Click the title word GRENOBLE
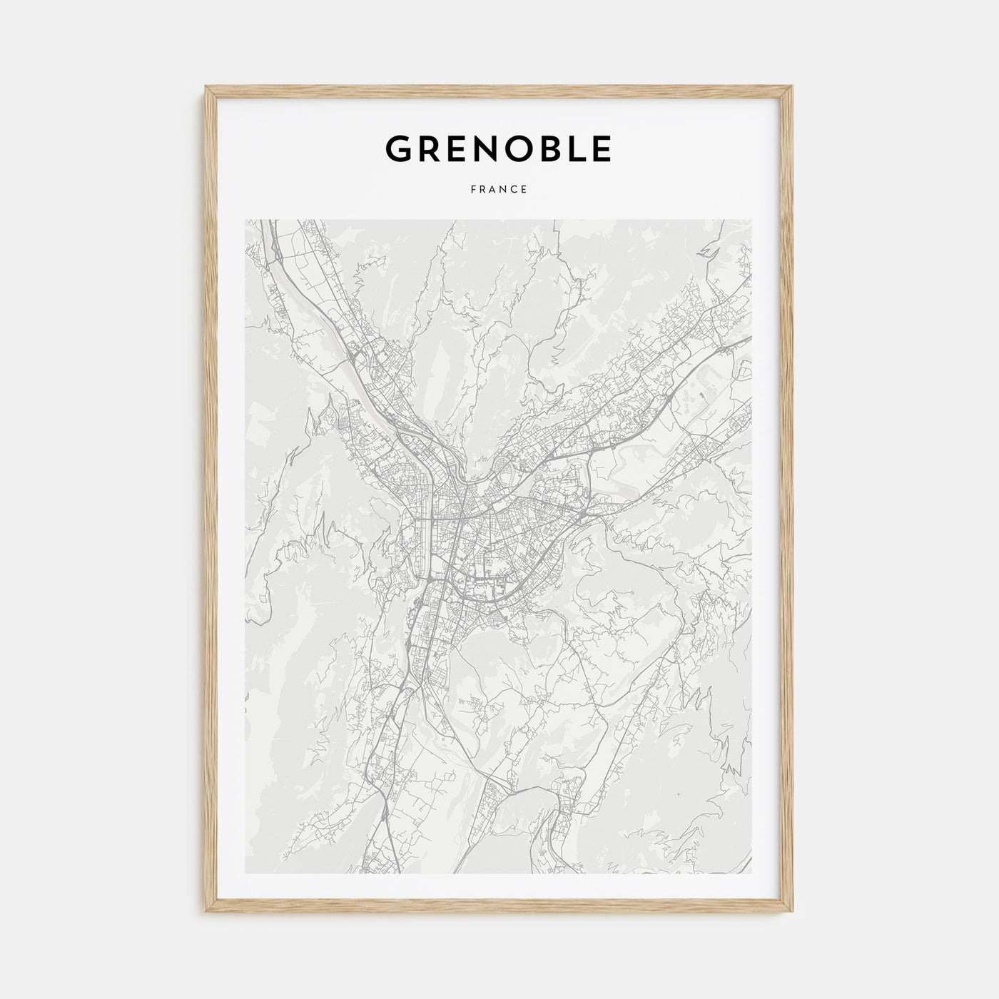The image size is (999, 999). click(498, 148)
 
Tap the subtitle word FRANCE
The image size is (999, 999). click(499, 190)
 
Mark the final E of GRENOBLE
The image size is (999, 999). click(602, 148)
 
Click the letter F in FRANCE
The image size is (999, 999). click(472, 190)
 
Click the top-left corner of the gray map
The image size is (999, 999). click(245, 220)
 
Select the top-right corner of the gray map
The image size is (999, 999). click(751, 220)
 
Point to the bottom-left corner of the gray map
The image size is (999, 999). click(245, 873)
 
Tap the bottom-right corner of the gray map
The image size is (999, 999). click(751, 873)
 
